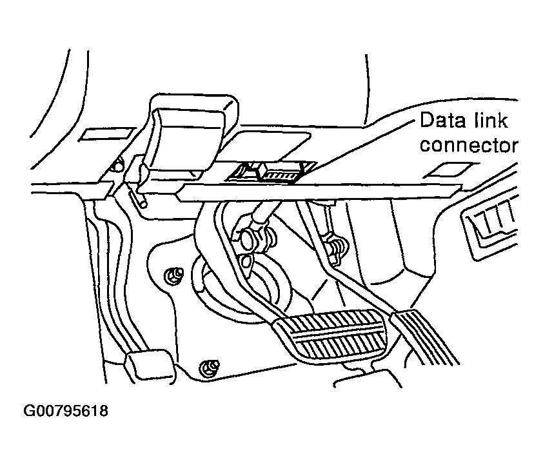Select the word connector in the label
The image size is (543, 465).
pos(469,145)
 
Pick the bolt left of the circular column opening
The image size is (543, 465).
pos(172,275)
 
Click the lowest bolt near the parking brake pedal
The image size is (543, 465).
pos(207,368)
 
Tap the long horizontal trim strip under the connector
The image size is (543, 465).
pos(322,191)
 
